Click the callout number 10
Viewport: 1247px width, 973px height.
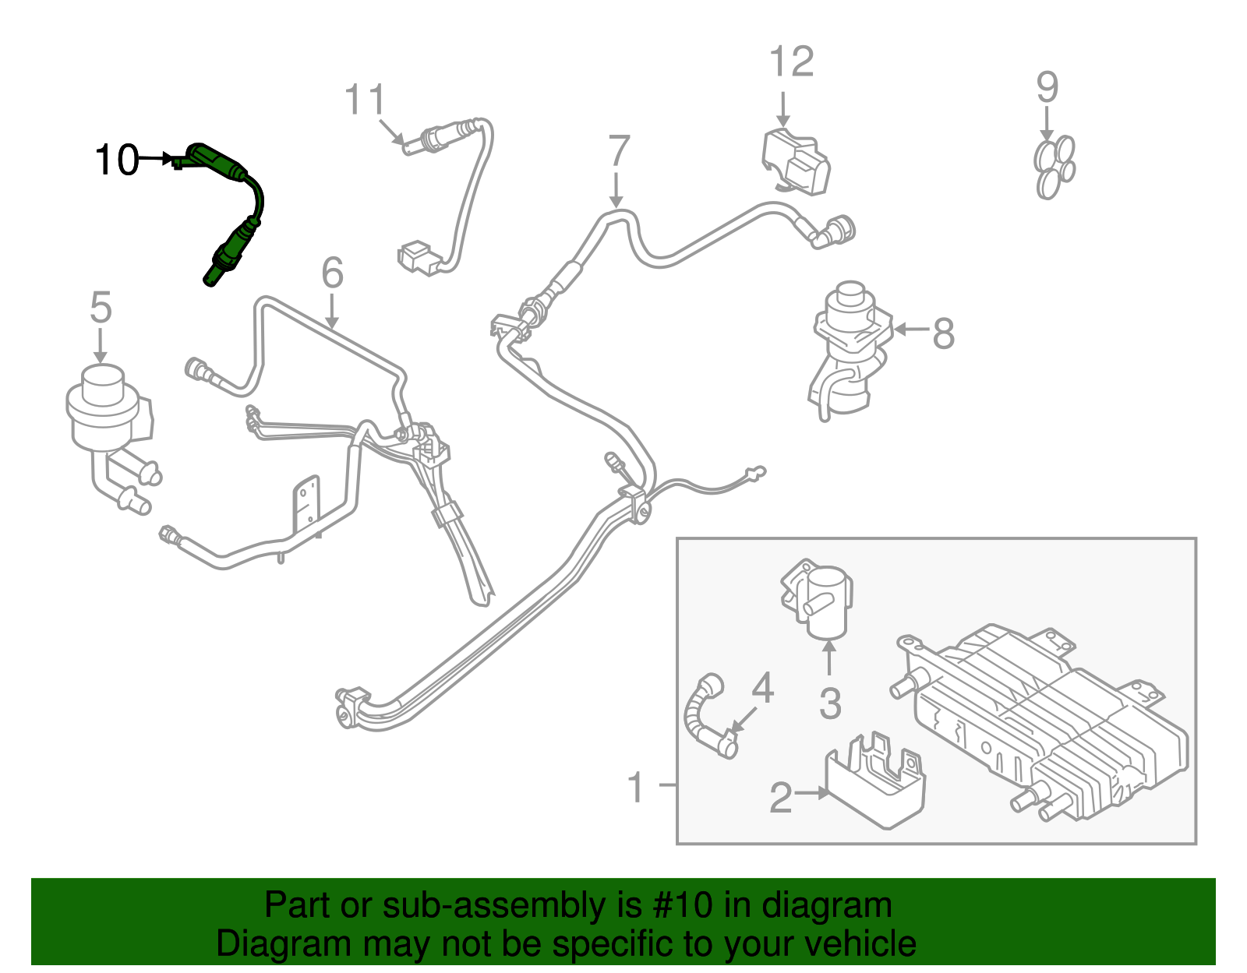(115, 160)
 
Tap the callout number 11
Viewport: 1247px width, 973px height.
(365, 100)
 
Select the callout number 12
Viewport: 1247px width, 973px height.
(791, 62)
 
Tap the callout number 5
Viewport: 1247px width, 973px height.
(101, 308)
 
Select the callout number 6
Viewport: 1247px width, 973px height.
(333, 273)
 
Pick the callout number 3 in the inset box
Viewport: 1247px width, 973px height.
(830, 703)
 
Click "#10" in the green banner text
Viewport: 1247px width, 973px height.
(678, 906)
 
